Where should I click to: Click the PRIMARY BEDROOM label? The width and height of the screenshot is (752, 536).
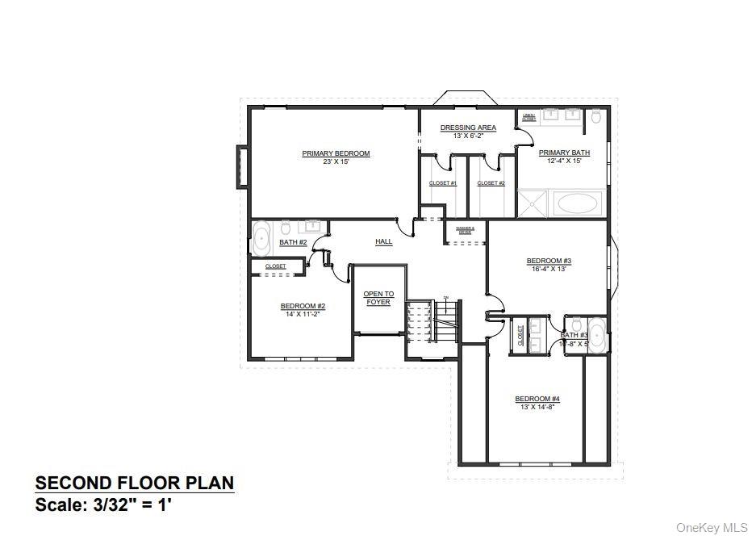tap(336, 153)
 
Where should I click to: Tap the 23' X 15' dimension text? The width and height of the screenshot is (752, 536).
tap(336, 161)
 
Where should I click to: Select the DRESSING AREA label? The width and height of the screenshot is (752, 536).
tap(468, 128)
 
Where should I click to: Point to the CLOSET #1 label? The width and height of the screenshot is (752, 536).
tap(443, 183)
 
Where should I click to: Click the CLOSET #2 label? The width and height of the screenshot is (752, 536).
tap(491, 183)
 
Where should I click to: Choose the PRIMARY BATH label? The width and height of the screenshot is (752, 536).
tap(564, 153)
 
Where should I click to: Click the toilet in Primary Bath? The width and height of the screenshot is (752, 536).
tap(595, 118)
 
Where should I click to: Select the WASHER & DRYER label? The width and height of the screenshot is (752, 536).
tap(465, 229)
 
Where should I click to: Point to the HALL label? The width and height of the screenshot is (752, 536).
tap(384, 241)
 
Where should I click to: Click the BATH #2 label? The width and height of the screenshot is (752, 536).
tap(293, 242)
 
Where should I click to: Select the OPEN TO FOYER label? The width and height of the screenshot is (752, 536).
tap(378, 298)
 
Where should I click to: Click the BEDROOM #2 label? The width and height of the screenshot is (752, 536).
tap(303, 306)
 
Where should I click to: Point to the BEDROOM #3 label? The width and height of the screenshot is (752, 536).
tap(549, 261)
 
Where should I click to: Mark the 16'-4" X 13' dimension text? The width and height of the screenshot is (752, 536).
tap(549, 269)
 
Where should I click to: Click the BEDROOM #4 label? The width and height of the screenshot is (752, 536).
tap(537, 399)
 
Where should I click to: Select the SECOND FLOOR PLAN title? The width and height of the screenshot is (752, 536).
tap(135, 484)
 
